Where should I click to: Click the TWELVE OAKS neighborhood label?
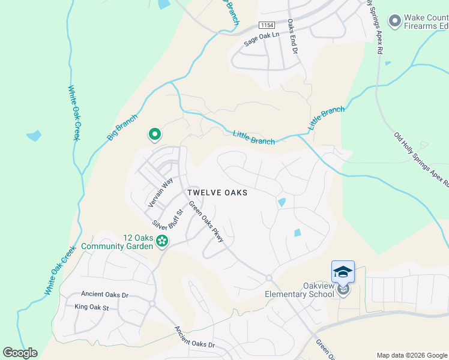click(217, 193)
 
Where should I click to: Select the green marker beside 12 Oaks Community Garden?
click(161, 241)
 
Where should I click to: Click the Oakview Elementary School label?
click(300, 290)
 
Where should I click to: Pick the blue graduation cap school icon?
click(343, 272)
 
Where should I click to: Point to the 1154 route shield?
click(267, 25)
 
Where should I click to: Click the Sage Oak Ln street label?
click(262, 38)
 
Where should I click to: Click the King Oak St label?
click(91, 307)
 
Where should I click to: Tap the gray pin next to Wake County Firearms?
click(394, 22)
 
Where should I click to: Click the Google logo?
click(20, 353)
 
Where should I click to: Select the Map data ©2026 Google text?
click(412, 355)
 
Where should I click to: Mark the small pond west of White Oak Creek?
click(34, 136)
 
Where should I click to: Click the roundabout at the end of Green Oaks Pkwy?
click(269, 278)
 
